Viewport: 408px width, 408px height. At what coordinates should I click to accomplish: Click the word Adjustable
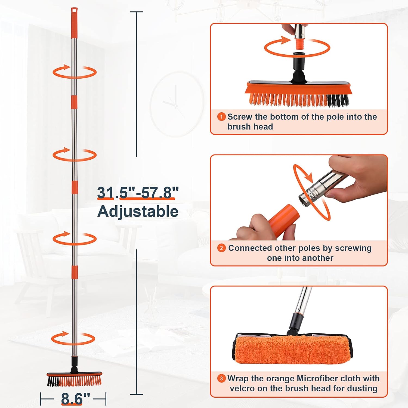tap(138, 211)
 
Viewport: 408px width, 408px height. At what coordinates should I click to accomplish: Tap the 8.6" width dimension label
tap(75, 398)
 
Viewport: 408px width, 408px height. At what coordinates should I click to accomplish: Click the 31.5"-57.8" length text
tap(138, 193)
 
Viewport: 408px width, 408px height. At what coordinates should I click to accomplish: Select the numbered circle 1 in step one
tap(221, 117)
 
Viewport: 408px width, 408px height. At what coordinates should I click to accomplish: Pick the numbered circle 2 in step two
tap(221, 248)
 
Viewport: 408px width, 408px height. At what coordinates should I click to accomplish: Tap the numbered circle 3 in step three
tap(221, 379)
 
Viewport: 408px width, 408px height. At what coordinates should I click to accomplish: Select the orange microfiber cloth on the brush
tap(291, 350)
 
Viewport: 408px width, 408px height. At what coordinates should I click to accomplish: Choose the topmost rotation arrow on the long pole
tap(74, 72)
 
